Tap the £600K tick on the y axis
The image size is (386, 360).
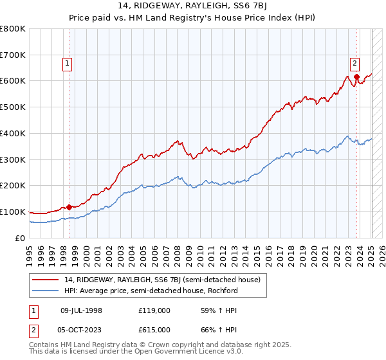13,81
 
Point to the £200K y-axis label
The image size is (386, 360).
13,186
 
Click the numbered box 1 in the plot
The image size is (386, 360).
68,63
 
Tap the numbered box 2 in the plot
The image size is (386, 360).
354,63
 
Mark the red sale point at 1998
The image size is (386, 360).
69,207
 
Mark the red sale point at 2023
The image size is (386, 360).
356,76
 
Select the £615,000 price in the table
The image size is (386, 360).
154,329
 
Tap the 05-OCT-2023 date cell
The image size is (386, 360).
81,329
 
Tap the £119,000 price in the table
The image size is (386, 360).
154,310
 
